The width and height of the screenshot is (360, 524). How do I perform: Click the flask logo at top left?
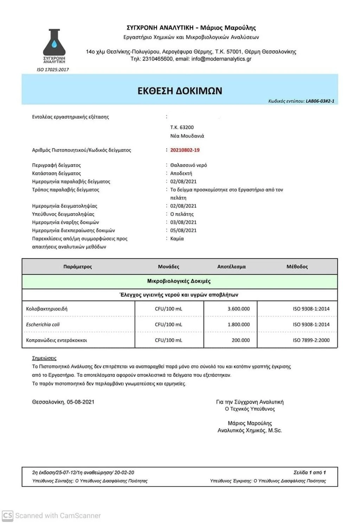click(54, 44)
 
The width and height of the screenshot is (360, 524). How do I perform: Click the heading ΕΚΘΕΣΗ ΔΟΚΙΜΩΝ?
click(180, 91)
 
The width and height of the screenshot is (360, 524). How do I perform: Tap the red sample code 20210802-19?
click(185, 150)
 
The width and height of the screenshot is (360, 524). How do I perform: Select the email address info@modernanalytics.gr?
click(221, 59)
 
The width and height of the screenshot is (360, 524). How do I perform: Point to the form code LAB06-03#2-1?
click(320, 101)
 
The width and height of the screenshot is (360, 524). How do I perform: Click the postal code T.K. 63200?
click(182, 127)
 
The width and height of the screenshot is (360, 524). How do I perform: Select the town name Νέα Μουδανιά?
click(187, 136)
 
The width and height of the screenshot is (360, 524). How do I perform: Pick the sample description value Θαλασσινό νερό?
click(188, 165)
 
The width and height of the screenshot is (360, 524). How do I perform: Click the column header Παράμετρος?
click(77, 267)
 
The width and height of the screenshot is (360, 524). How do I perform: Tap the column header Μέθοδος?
click(297, 267)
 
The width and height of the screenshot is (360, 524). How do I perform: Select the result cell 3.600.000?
click(238, 309)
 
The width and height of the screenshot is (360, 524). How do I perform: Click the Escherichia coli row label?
click(43, 324)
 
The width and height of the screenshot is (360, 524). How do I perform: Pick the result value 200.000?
click(240, 340)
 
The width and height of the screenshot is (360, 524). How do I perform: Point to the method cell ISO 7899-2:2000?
click(311, 340)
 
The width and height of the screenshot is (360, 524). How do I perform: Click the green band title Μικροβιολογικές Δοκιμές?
click(179, 281)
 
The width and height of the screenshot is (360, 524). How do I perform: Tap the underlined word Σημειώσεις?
click(44, 358)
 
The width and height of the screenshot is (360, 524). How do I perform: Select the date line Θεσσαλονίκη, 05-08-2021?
click(63, 402)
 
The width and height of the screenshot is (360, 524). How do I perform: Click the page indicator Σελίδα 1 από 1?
click(309, 472)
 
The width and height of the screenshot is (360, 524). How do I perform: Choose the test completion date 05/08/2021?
click(183, 231)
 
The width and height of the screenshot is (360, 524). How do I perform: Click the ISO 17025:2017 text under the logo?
click(53, 70)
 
